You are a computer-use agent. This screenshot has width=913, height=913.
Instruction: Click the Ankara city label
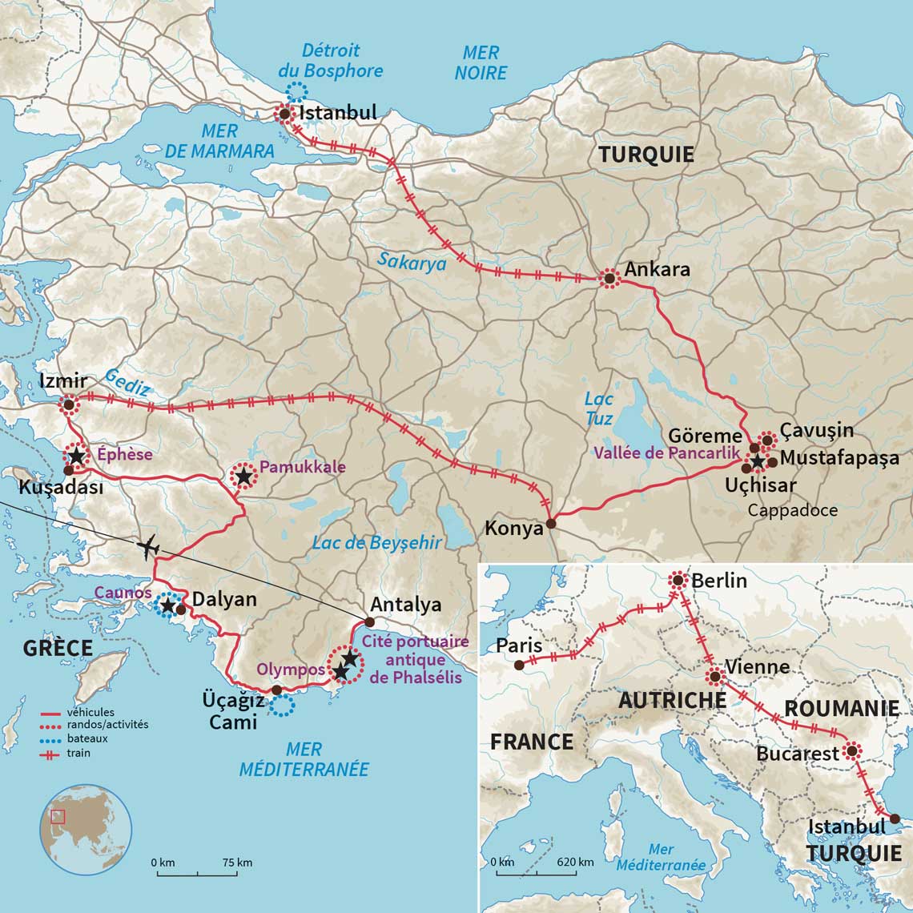click(x=657, y=269)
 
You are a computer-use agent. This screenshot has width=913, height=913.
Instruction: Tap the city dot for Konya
click(x=551, y=525)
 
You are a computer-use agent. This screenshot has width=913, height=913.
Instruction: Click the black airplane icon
click(x=149, y=548)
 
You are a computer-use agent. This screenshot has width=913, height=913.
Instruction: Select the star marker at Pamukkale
click(x=243, y=477)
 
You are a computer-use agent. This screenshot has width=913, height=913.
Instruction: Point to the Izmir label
click(x=62, y=381)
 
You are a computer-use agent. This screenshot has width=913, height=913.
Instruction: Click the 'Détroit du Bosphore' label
click(x=331, y=61)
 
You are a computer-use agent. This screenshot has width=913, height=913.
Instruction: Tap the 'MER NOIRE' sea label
click(x=481, y=62)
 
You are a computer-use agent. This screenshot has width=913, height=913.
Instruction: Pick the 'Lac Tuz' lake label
click(x=598, y=408)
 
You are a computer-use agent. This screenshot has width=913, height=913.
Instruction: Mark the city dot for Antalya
click(x=369, y=621)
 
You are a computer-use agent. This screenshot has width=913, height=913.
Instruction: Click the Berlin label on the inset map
click(x=718, y=580)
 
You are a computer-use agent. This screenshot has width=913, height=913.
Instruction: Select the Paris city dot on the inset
click(x=519, y=665)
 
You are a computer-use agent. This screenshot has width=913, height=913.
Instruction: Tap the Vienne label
click(x=756, y=667)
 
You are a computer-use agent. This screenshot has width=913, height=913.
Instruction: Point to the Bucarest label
click(x=797, y=754)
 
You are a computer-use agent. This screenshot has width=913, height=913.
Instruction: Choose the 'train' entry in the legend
click(x=78, y=753)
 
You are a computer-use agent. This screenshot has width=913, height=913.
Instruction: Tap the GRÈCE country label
click(x=58, y=648)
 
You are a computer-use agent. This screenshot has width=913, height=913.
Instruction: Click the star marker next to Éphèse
click(x=75, y=456)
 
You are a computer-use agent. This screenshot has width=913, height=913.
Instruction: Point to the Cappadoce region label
click(x=793, y=510)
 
